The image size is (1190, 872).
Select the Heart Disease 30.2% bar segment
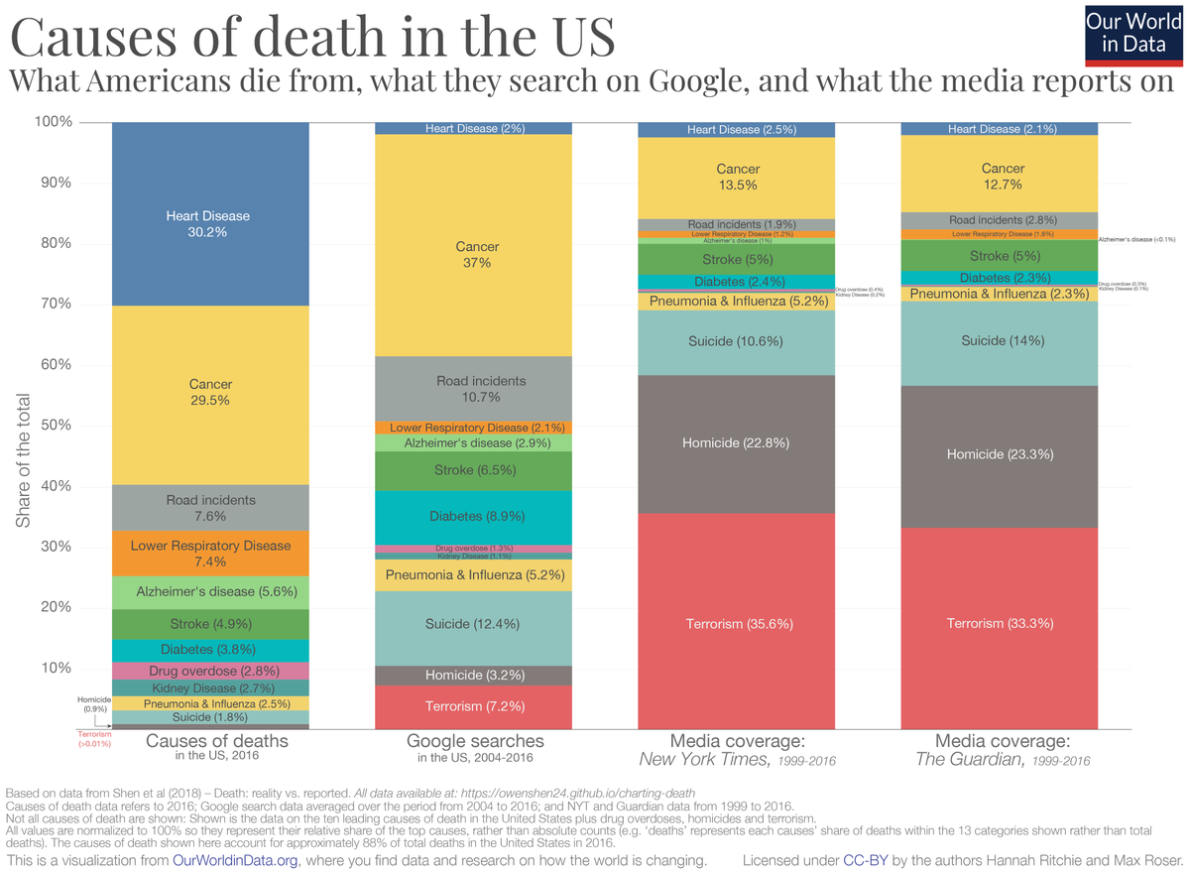pos(209,223)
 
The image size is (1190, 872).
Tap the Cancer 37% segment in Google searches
pos(473,254)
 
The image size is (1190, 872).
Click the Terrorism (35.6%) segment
pos(736,624)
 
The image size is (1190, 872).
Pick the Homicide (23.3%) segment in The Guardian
pos(999,454)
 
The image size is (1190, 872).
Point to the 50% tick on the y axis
pos(55,426)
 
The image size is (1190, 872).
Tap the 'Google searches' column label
pos(475,741)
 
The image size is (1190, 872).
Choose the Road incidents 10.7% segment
pos(473,389)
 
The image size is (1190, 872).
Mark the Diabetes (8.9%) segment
pos(473,517)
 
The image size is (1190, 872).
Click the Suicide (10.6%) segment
pos(736,341)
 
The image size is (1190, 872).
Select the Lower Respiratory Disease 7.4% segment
pos(209,554)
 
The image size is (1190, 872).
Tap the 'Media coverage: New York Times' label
pos(737,750)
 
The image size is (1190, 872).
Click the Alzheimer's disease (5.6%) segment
pos(209,592)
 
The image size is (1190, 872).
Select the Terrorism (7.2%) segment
pos(473,707)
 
